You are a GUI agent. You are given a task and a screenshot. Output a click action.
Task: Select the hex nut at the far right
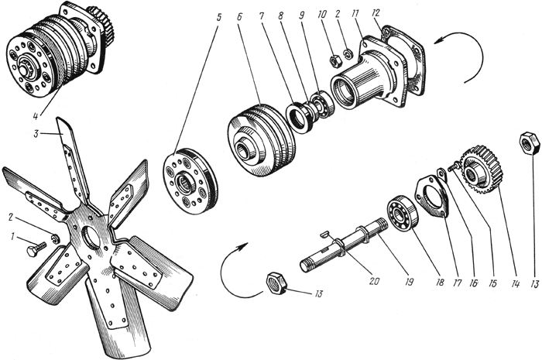click(x=529, y=143)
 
